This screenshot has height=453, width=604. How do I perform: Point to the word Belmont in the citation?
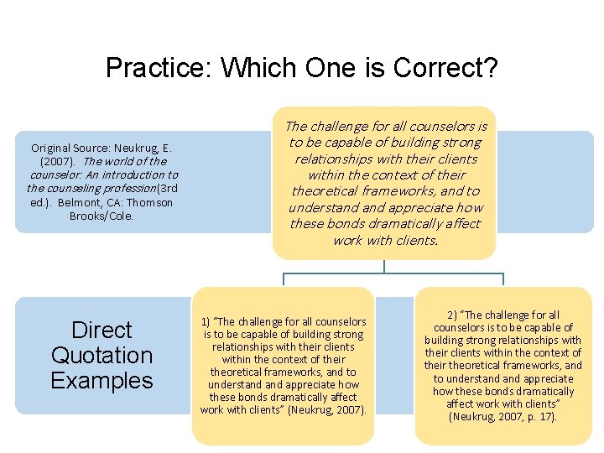[81, 202]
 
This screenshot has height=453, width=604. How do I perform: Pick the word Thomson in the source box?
[150, 202]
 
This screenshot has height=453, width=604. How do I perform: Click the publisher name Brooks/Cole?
[102, 216]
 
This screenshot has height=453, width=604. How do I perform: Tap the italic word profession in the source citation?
[103, 188]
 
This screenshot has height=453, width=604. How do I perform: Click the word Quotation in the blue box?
[102, 355]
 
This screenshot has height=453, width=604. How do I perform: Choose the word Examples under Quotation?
[102, 380]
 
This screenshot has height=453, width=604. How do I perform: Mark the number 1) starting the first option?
[206, 321]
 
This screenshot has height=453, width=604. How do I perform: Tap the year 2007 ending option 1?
[347, 409]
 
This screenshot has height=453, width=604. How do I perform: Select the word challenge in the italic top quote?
[339, 127]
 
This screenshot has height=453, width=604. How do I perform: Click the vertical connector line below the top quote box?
[384, 266]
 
